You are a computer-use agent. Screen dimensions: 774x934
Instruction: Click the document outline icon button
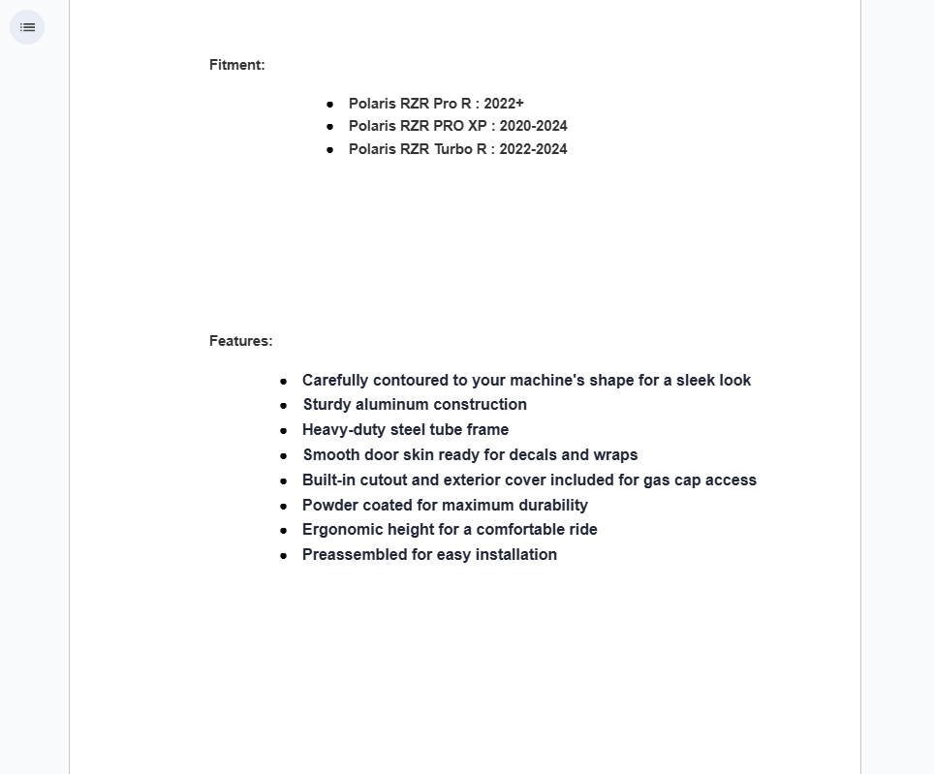tap(27, 27)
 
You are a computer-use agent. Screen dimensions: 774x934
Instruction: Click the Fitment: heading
tap(236, 65)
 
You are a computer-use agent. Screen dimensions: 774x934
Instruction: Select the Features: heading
tap(240, 341)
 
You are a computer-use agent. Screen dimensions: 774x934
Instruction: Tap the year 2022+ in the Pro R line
tap(504, 104)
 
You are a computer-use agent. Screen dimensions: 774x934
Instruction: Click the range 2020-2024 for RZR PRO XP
tap(533, 126)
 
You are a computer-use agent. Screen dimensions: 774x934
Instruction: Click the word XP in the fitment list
tap(477, 126)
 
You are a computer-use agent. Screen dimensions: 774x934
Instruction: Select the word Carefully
tap(335, 381)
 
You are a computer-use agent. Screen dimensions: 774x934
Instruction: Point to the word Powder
tap(330, 506)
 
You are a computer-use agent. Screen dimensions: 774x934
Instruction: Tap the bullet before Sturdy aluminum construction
tap(284, 406)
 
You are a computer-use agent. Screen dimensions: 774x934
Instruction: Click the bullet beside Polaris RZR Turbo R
tap(330, 150)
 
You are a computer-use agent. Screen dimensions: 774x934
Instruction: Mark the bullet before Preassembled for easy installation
tap(284, 556)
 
